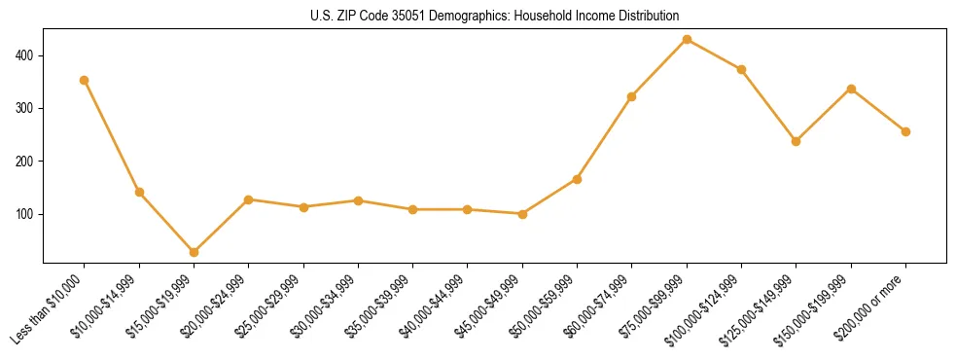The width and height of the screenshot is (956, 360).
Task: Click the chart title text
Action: click(494, 16)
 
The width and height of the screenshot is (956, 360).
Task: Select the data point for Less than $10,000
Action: click(85, 80)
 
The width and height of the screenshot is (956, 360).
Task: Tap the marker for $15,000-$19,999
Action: click(194, 252)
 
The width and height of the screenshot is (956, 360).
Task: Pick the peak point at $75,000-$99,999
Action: click(687, 39)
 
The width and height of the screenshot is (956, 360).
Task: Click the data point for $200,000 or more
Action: click(905, 131)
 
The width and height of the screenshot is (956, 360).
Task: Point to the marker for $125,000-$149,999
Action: click(797, 141)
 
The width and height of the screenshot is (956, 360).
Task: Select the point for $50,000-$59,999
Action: click(577, 179)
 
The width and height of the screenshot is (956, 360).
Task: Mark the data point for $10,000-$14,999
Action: click(139, 192)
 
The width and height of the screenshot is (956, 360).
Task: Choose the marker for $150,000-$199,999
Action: click(851, 89)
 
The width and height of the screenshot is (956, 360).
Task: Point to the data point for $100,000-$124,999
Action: click(741, 69)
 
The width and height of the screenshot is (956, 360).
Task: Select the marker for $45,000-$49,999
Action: click(522, 214)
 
